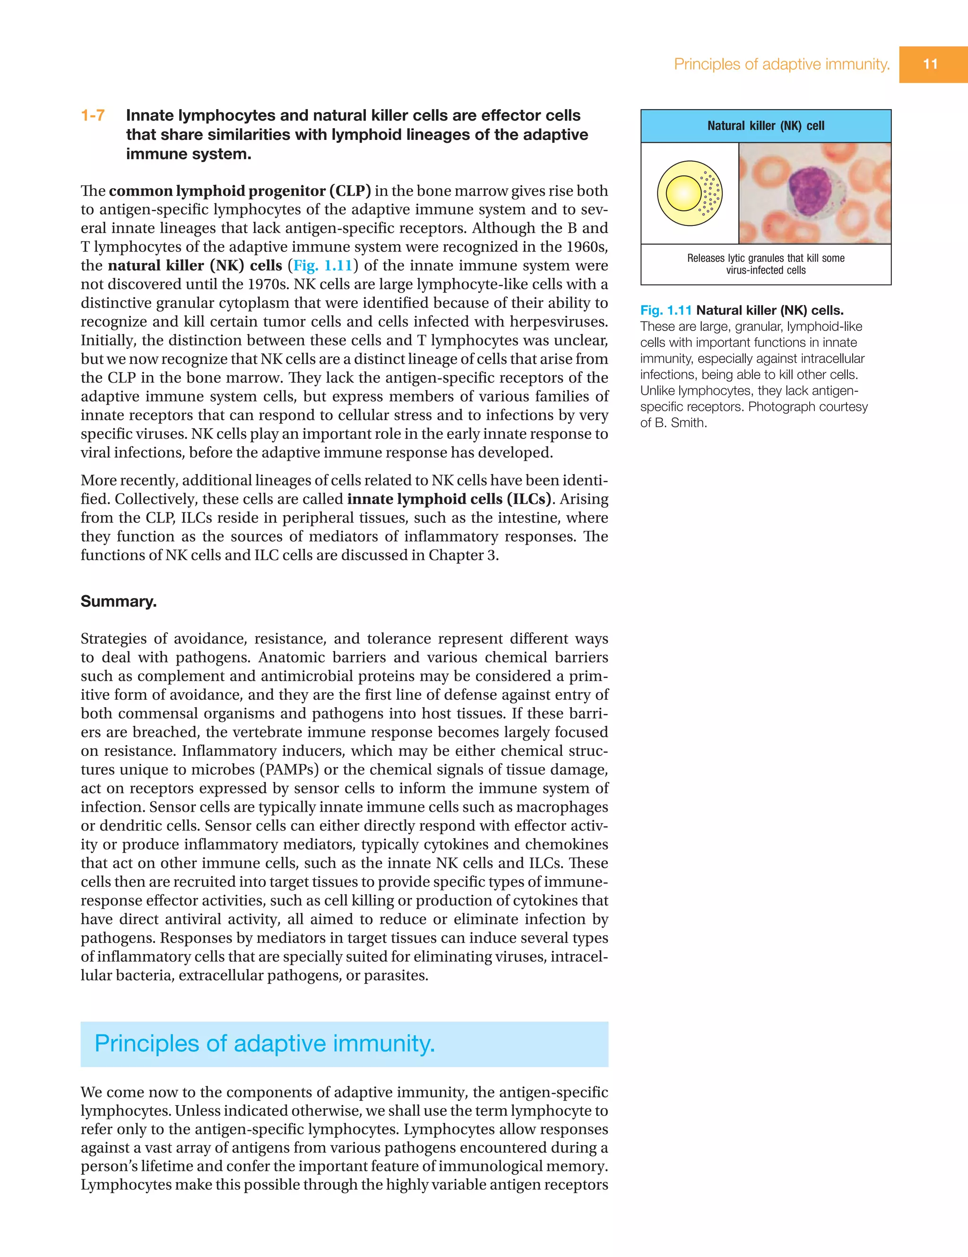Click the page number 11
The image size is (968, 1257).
[x=930, y=64]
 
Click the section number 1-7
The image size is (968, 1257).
[x=93, y=116]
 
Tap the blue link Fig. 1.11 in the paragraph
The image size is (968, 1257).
[x=323, y=265]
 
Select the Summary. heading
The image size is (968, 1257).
[x=119, y=601]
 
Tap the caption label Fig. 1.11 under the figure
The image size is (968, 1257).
[x=665, y=311]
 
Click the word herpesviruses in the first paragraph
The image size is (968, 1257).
[x=558, y=322]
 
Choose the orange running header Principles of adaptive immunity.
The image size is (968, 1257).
[x=781, y=64]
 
